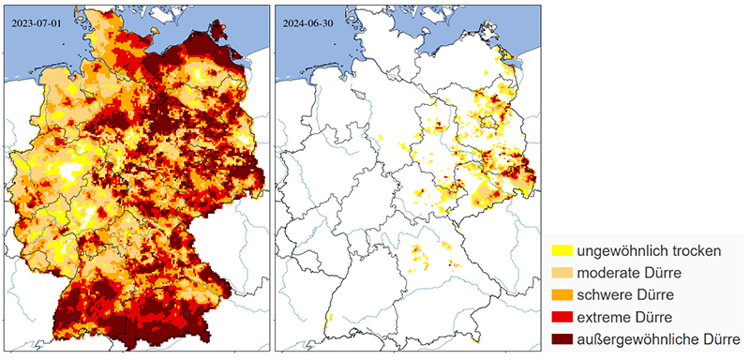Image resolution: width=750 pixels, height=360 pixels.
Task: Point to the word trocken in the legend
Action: point(695,250)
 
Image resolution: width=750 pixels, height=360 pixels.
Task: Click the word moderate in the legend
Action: point(610,272)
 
